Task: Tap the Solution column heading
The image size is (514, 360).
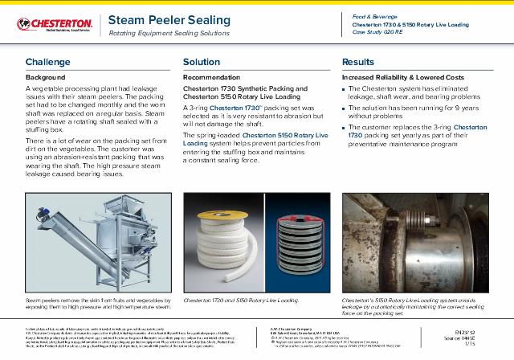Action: click(x=202, y=61)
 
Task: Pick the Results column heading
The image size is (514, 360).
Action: click(x=358, y=61)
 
